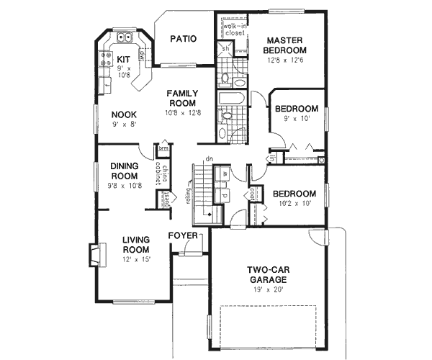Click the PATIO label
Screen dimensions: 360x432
click(x=183, y=40)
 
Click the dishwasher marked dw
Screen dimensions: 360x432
click(x=143, y=55)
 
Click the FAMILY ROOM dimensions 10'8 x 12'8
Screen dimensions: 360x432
click(x=183, y=113)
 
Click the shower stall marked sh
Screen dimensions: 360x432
click(x=225, y=50)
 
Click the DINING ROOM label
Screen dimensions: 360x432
click(x=125, y=171)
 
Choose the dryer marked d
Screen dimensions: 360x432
click(x=225, y=194)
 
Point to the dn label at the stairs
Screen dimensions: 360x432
click(x=208, y=158)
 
